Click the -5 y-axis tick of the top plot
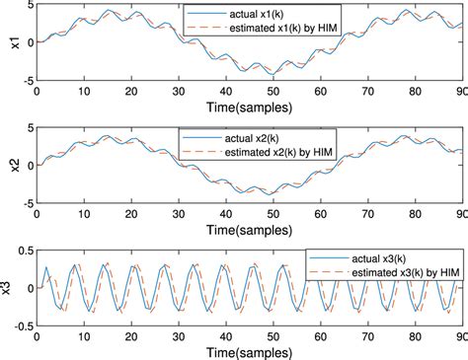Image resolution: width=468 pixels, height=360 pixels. tap(29, 81)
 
